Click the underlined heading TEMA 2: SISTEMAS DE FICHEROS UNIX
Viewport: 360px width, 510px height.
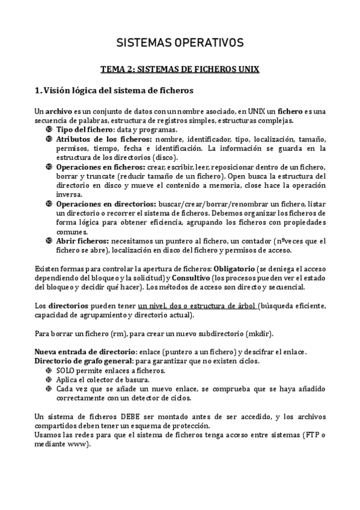(180, 69)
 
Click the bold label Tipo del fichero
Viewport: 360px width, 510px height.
(84, 130)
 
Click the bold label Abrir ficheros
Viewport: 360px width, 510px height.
(82, 241)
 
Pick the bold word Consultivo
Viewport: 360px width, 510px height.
(192, 278)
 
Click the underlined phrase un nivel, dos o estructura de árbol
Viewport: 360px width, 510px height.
(197, 306)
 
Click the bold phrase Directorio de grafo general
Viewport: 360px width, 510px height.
(84, 361)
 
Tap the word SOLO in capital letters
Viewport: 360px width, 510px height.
(66, 370)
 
